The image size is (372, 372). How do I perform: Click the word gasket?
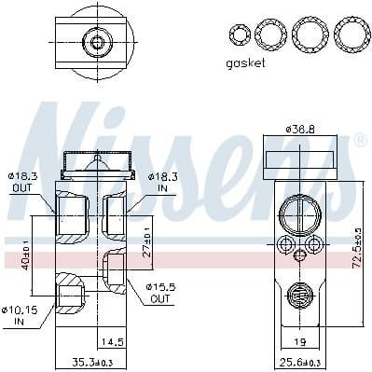[x=246, y=62]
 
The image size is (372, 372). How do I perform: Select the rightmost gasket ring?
[x=350, y=34]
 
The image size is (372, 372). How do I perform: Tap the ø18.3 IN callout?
[x=156, y=180]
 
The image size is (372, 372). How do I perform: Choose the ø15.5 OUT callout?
[x=159, y=293]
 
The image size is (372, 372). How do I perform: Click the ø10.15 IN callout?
[x=19, y=315]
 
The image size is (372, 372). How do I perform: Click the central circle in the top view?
[x=95, y=41]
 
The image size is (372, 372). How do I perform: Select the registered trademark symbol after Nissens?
[x=359, y=141]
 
